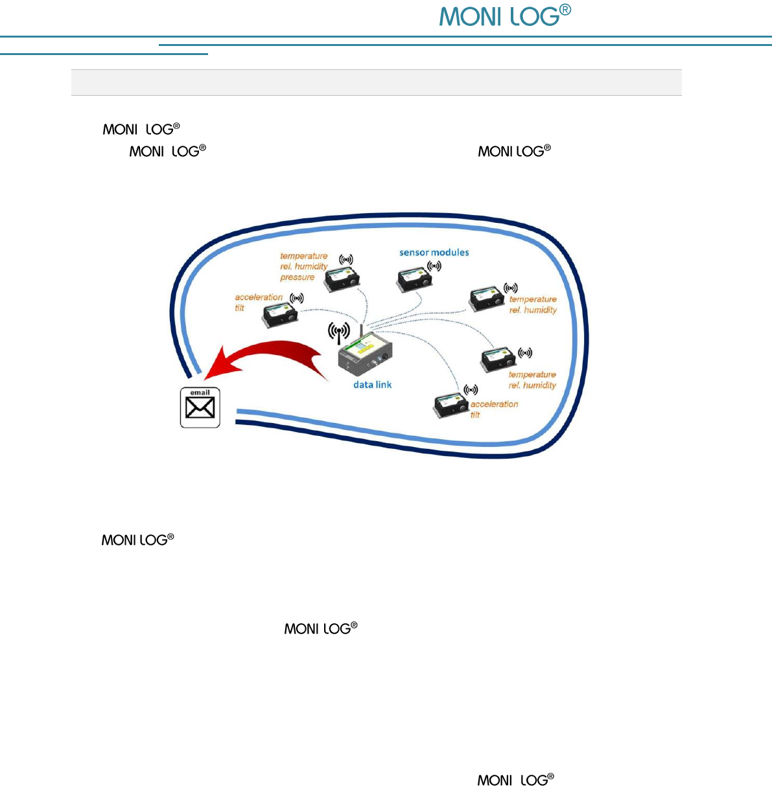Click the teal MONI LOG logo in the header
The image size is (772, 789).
coord(499,16)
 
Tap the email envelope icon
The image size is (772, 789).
coord(200,408)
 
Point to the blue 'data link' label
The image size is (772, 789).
coord(372,385)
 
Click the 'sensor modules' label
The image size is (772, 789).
coord(434,253)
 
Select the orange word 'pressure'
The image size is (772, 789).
coord(298,277)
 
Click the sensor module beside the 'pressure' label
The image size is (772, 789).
coord(342,279)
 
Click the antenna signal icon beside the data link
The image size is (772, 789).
coord(338,333)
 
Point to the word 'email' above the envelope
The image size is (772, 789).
coord(200,393)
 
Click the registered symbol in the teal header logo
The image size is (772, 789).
coord(565,10)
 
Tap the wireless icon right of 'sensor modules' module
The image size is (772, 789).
coord(434,266)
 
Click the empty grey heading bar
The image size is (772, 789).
coord(376,82)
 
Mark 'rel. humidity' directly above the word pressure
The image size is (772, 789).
coord(304,266)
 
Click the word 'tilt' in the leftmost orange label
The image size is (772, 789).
coord(239,308)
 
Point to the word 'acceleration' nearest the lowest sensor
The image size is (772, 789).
coord(494,404)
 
